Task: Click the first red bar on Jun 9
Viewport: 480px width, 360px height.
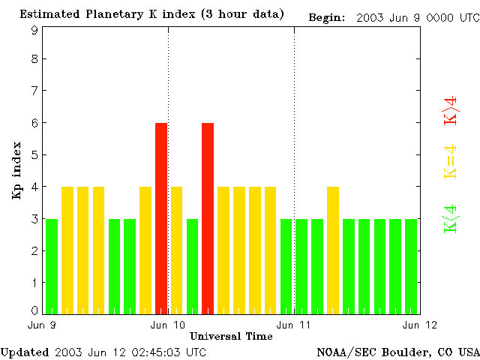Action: [x=160, y=217]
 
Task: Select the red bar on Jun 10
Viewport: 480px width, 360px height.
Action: [x=208, y=217]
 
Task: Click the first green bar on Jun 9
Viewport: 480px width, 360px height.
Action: [x=51, y=265]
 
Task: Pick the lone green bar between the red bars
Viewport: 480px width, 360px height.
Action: [x=192, y=265]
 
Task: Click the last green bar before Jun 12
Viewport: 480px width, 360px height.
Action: [x=411, y=265]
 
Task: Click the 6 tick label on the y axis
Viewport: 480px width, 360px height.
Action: [x=34, y=123]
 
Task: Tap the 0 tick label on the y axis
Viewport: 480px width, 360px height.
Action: [x=34, y=310]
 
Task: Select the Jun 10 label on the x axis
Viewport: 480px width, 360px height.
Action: [x=168, y=325]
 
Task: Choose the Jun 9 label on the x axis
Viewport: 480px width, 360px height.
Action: [x=42, y=325]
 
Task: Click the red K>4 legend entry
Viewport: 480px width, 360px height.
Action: [x=451, y=111]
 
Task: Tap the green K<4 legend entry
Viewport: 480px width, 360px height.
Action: [x=451, y=218]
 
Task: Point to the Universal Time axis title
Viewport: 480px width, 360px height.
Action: [x=231, y=336]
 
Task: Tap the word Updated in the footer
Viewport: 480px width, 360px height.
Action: [x=25, y=352]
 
